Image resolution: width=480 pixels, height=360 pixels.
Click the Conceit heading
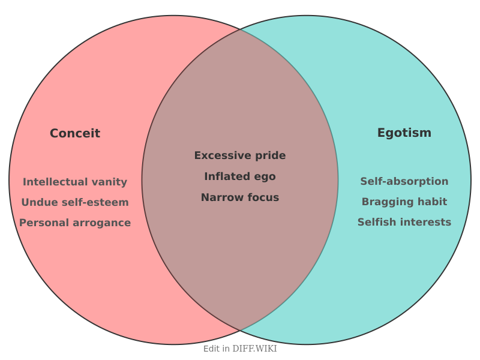[75, 133]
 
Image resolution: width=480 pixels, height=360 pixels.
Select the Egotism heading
[404, 133]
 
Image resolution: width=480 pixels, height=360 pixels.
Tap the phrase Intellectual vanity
[75, 182]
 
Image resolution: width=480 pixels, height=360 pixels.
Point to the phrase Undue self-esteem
[75, 202]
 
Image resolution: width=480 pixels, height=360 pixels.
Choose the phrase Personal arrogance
[75, 223]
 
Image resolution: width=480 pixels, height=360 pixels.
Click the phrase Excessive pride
[240, 155]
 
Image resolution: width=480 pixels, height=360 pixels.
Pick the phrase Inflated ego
[240, 176]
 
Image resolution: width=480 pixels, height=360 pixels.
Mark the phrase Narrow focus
[240, 197]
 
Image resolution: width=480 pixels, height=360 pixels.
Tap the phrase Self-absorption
[404, 181]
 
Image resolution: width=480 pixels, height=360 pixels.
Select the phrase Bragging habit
[404, 202]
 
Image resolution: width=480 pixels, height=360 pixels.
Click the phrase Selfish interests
[404, 222]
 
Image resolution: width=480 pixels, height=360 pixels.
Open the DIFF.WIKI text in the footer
[255, 349]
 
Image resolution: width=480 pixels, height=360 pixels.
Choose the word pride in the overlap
[271, 155]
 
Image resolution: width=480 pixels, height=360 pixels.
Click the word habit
[432, 202]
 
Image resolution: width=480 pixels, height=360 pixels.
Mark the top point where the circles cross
[240, 29]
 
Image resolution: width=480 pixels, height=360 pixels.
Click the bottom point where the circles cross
[240, 331]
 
